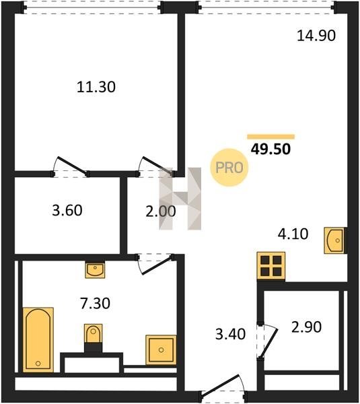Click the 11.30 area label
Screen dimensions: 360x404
click(96, 87)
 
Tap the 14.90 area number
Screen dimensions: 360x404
click(316, 36)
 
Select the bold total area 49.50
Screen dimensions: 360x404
click(271, 149)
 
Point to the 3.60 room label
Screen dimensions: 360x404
click(67, 210)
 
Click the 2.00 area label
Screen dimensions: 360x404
click(161, 211)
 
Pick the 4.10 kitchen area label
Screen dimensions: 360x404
click(293, 234)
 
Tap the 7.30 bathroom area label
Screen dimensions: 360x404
click(96, 303)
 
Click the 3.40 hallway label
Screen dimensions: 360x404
click(231, 334)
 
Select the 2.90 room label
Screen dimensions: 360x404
click(306, 327)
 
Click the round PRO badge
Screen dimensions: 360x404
click(229, 168)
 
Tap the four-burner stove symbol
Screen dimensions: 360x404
click(271, 266)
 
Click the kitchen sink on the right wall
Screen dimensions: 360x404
click(334, 240)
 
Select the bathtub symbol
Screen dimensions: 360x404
click(38, 339)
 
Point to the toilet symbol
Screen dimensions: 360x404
click(94, 334)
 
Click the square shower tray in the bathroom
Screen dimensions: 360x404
click(161, 350)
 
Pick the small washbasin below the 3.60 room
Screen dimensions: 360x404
click(95, 269)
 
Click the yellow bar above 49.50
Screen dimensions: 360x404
click(271, 137)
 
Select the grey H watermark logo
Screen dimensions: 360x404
click(180, 199)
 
